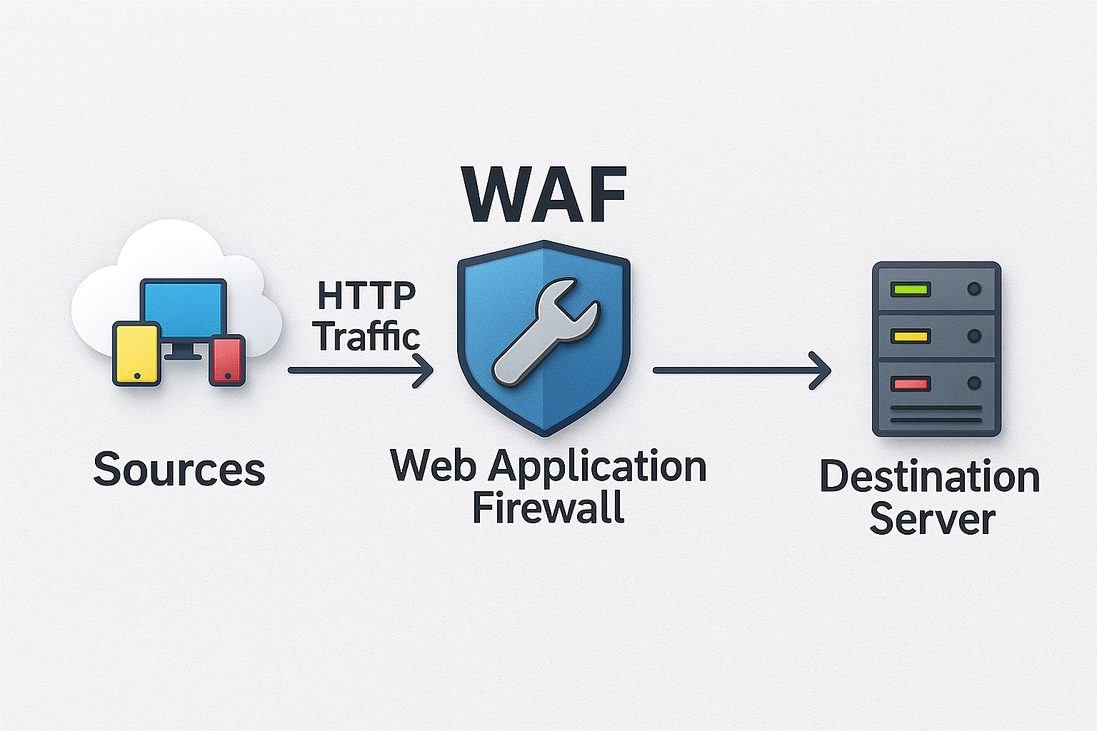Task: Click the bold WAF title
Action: [x=544, y=194]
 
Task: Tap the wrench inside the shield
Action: [x=545, y=333]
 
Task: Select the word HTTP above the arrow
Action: [x=366, y=296]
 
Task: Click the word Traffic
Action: [x=367, y=336]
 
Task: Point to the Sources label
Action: [x=179, y=470]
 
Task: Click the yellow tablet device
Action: [x=136, y=354]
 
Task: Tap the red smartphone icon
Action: [x=227, y=360]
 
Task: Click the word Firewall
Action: [x=548, y=508]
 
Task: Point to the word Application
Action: [x=598, y=468]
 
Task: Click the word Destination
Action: [x=929, y=477]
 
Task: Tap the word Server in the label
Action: [x=932, y=519]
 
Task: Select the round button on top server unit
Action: [x=973, y=289]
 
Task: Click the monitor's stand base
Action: [x=183, y=354]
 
